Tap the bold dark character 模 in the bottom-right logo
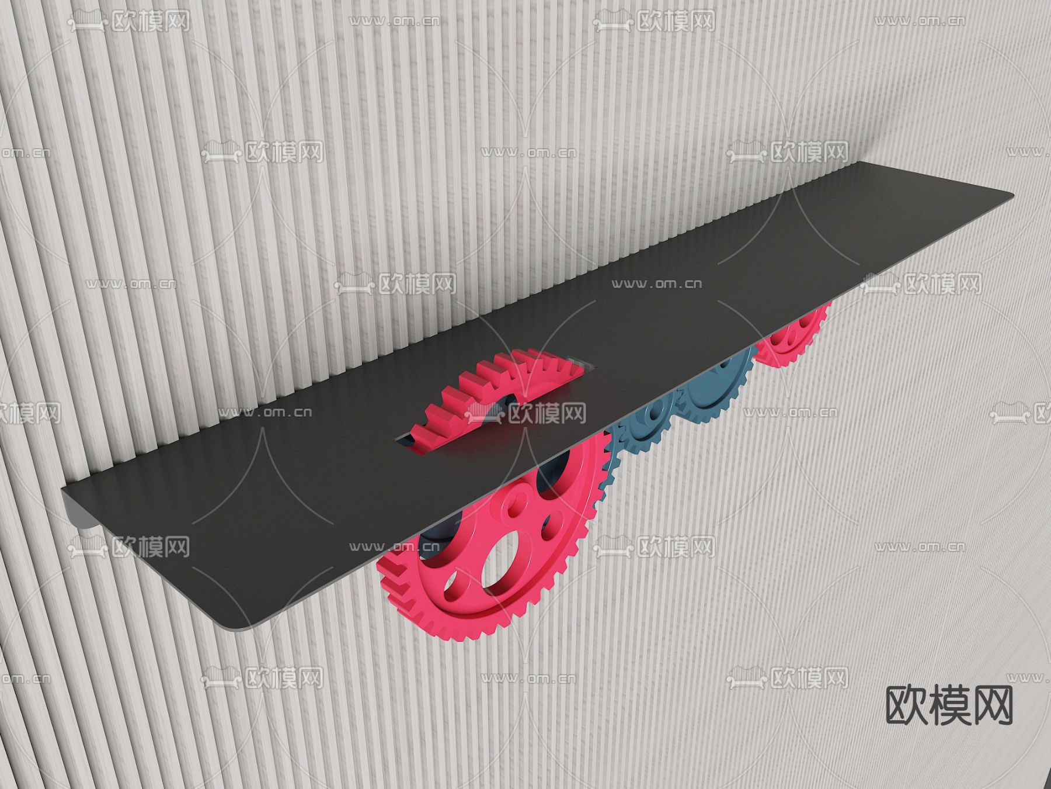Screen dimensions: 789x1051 (949, 705)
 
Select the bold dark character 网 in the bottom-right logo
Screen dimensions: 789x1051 (992, 705)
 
